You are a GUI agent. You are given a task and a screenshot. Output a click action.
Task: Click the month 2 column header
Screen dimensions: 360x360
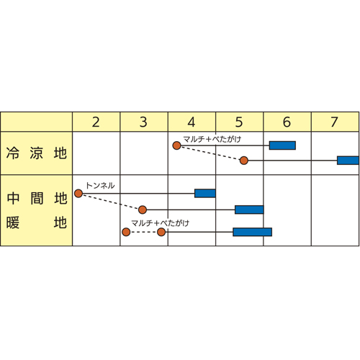coord(96,122)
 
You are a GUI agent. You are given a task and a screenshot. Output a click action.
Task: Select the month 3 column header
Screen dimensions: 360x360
coord(143,122)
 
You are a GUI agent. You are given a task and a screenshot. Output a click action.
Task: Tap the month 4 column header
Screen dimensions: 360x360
coord(192,122)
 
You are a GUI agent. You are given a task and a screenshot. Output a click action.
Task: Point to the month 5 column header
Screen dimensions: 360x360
coord(239,122)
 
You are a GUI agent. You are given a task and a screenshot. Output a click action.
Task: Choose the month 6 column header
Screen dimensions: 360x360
coord(287,122)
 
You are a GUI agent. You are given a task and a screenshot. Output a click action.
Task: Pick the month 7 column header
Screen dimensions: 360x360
coord(335,122)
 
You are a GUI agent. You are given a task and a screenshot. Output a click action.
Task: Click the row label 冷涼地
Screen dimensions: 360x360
coord(37,153)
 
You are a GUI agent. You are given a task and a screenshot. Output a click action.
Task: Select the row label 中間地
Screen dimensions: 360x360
coord(37,199)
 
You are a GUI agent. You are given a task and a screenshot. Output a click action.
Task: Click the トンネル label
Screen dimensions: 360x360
coord(100,186)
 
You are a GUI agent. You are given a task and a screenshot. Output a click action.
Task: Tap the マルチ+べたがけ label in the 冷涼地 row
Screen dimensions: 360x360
coord(212,139)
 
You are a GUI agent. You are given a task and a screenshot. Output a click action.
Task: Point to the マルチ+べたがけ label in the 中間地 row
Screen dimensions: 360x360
coord(161,223)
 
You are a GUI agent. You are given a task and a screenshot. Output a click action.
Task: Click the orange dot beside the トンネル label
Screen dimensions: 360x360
coord(78,193)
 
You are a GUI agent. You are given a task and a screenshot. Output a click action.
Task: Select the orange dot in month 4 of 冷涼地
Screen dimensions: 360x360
coord(176,145)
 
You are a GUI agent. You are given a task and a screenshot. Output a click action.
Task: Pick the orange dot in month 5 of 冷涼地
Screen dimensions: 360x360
coord(244,161)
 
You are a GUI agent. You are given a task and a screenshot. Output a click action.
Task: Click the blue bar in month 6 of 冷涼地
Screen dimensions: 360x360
coord(282,145)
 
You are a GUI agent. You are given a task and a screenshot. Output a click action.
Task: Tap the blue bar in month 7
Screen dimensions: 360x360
coord(348,161)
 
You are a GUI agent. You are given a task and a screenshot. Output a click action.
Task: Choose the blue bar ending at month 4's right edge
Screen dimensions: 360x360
coord(205,193)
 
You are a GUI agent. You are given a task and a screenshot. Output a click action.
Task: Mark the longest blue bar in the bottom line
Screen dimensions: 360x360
coord(252,232)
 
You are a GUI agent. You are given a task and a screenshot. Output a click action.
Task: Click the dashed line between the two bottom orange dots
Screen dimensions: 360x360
coord(144,232)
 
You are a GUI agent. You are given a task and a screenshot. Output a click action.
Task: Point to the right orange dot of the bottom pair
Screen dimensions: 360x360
coord(161,232)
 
